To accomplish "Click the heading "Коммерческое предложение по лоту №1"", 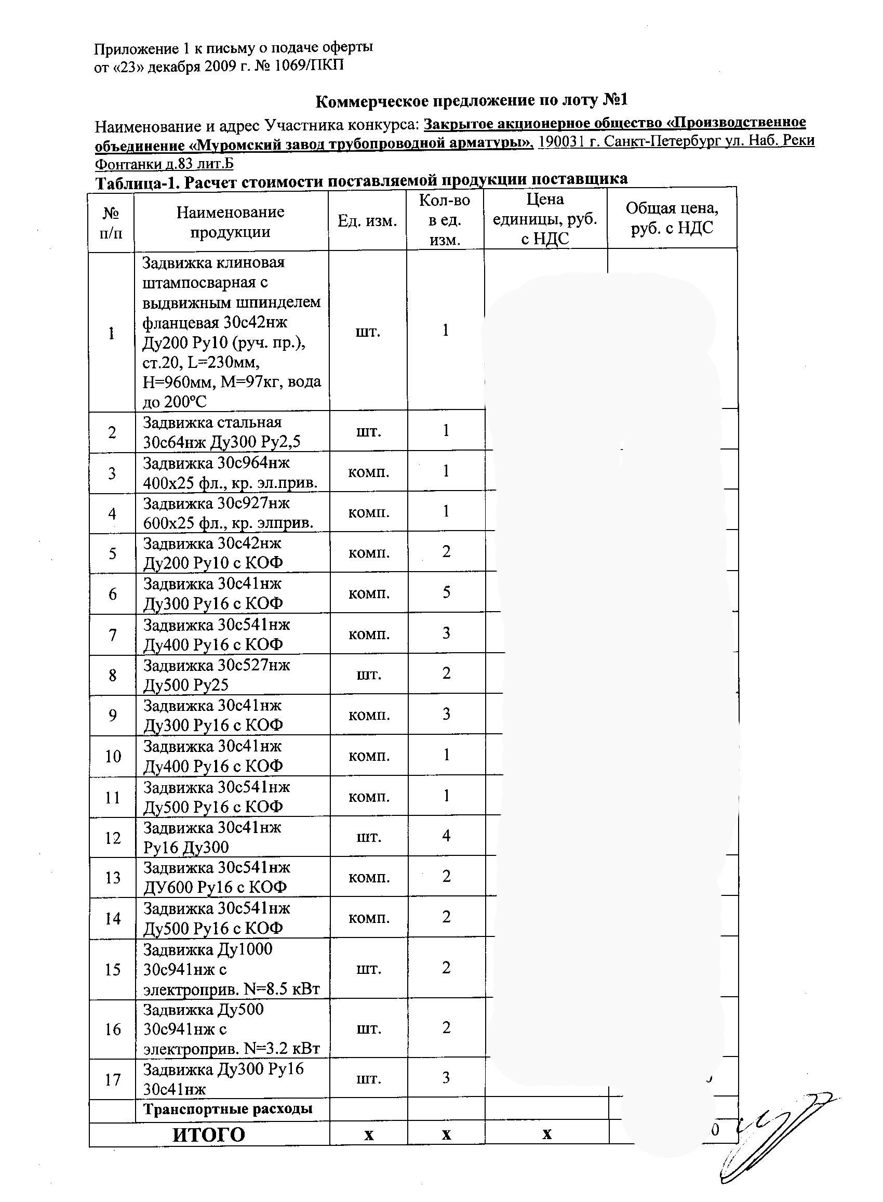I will [x=471, y=100].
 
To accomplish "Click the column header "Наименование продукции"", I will [x=231, y=222].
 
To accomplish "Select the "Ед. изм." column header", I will [x=367, y=221].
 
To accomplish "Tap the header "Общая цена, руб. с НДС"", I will [x=672, y=218].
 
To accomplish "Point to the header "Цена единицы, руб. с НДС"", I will [x=545, y=219].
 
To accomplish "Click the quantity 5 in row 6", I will [x=446, y=592].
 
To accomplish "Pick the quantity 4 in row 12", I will [x=446, y=835].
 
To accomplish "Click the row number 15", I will [x=112, y=969].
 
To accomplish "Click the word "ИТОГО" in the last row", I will [x=208, y=1134].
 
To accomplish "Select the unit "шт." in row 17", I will [x=368, y=1078].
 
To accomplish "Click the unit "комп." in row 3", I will [x=368, y=473].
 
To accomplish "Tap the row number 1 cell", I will [x=111, y=333].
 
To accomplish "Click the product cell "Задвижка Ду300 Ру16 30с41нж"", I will [x=223, y=1078].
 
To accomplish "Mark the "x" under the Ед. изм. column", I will [x=368, y=1134].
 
